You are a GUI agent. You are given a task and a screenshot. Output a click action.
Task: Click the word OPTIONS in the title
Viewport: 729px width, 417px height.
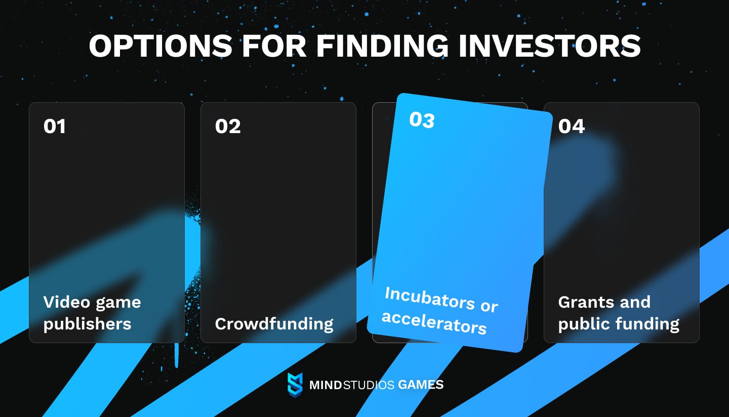160,46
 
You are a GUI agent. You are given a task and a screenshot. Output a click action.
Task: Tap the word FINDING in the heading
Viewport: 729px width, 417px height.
382,46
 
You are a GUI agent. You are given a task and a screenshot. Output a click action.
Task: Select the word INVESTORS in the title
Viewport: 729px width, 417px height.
549,46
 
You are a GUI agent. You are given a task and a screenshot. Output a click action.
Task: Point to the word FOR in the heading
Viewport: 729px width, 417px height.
274,46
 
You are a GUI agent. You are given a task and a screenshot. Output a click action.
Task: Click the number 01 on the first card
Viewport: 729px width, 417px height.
55,126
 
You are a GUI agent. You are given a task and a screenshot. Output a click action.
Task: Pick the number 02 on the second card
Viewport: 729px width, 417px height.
228,126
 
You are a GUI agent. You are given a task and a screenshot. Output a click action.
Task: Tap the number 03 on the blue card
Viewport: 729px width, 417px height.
422,120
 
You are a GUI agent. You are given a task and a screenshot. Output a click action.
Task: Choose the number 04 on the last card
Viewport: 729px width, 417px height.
572,126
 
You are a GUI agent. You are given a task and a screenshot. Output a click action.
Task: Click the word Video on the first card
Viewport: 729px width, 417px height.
67,302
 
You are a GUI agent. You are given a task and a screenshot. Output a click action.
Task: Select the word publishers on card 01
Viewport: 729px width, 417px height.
87,324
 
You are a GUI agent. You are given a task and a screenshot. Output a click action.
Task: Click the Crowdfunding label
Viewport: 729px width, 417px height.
274,324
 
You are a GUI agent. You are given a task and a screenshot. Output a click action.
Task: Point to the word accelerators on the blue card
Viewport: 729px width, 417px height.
434,322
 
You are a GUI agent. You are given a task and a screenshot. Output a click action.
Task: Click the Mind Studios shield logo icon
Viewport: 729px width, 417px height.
295,385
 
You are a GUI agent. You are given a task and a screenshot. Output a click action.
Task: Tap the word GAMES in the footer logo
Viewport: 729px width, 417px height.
421,385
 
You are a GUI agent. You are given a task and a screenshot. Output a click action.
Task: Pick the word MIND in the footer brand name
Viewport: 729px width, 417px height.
326,385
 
